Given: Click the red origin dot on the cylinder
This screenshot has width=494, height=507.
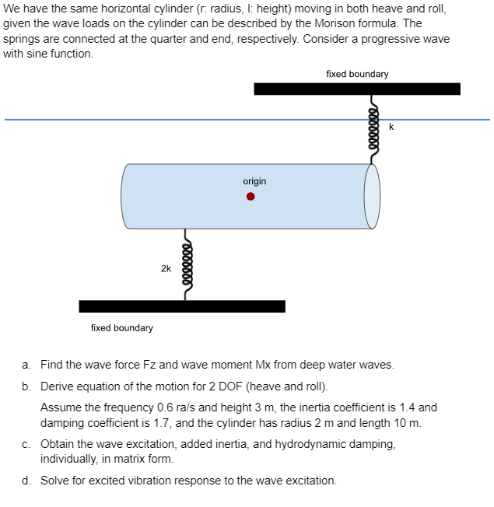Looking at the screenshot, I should pyautogui.click(x=251, y=197).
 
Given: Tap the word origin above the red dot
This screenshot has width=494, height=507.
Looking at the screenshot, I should pyautogui.click(x=254, y=181).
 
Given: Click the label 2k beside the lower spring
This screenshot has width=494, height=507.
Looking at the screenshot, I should pyautogui.click(x=166, y=268).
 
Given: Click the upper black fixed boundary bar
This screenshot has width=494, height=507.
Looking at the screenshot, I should pyautogui.click(x=356, y=89).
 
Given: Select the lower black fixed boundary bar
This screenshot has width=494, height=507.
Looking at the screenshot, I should pyautogui.click(x=181, y=306).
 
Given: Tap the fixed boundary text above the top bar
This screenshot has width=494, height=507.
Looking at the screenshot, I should pyautogui.click(x=357, y=74).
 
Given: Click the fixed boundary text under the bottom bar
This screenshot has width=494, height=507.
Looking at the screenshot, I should pyautogui.click(x=122, y=328).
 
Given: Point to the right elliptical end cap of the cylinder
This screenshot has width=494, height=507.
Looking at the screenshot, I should pyautogui.click(x=373, y=197).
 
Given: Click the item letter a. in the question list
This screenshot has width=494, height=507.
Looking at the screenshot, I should pyautogui.click(x=26, y=365).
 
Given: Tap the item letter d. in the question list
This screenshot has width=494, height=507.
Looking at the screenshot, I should pyautogui.click(x=26, y=481).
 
